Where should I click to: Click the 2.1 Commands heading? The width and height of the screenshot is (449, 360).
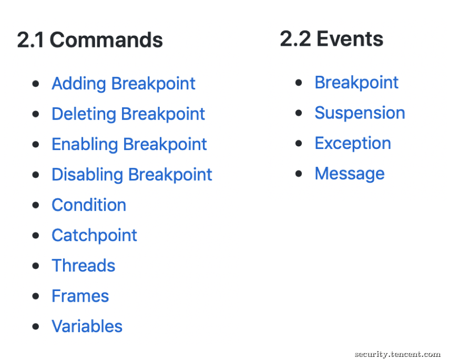pos(90,39)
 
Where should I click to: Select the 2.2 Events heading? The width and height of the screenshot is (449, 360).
pos(332,39)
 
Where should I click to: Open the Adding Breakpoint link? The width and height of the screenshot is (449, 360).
pos(124,84)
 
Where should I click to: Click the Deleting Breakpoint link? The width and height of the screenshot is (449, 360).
pos(128,114)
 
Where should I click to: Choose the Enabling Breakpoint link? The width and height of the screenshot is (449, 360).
pos(129,144)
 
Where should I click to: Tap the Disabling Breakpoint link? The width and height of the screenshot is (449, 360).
pos(132,175)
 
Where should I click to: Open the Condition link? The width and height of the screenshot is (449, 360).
pos(89,205)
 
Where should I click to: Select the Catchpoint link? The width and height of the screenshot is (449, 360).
pos(94,236)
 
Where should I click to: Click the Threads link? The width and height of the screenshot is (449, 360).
pos(83,265)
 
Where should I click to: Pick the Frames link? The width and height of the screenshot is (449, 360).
pos(80,296)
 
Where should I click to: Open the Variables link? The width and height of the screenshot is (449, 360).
pos(87,326)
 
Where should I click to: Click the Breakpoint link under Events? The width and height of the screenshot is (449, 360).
pos(356,83)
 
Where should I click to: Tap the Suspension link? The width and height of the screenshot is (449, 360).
pos(360,113)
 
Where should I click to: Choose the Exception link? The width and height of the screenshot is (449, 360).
pos(353,143)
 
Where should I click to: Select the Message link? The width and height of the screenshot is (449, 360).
pos(350,174)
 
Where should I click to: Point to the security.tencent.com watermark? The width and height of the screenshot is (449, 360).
pos(397,354)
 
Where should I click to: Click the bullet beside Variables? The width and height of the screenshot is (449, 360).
pos(36,326)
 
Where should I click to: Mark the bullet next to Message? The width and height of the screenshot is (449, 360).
pos(299,174)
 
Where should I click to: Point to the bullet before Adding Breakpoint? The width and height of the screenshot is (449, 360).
pos(36,84)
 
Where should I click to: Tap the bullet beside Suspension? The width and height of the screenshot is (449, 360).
pos(299,113)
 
